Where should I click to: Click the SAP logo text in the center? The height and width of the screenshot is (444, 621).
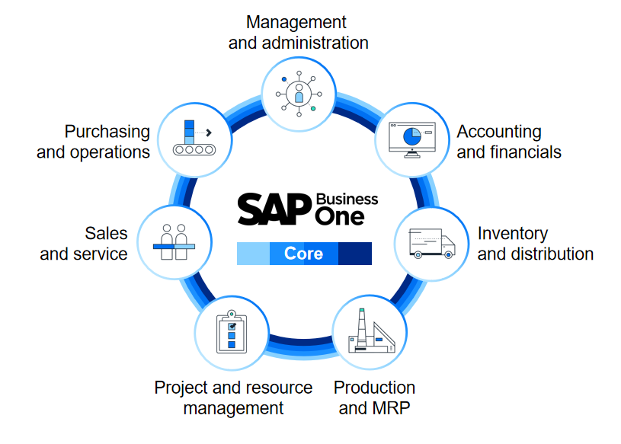[275, 209]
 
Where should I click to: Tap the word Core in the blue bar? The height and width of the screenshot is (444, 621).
[303, 254]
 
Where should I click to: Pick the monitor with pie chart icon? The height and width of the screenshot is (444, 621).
[411, 138]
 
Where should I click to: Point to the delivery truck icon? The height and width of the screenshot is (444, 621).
[431, 243]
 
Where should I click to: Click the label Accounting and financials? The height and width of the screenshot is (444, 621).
[508, 142]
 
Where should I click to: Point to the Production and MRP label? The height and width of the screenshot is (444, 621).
[374, 398]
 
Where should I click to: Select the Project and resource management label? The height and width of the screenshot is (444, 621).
[233, 398]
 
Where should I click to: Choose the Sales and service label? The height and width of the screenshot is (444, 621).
[84, 243]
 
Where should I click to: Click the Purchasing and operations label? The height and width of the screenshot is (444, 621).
[93, 142]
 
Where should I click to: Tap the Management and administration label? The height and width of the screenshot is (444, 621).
[298, 33]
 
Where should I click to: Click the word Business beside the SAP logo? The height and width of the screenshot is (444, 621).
[347, 199]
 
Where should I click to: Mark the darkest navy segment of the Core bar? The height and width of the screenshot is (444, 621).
[354, 254]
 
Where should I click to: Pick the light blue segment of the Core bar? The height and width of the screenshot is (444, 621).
[253, 254]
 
